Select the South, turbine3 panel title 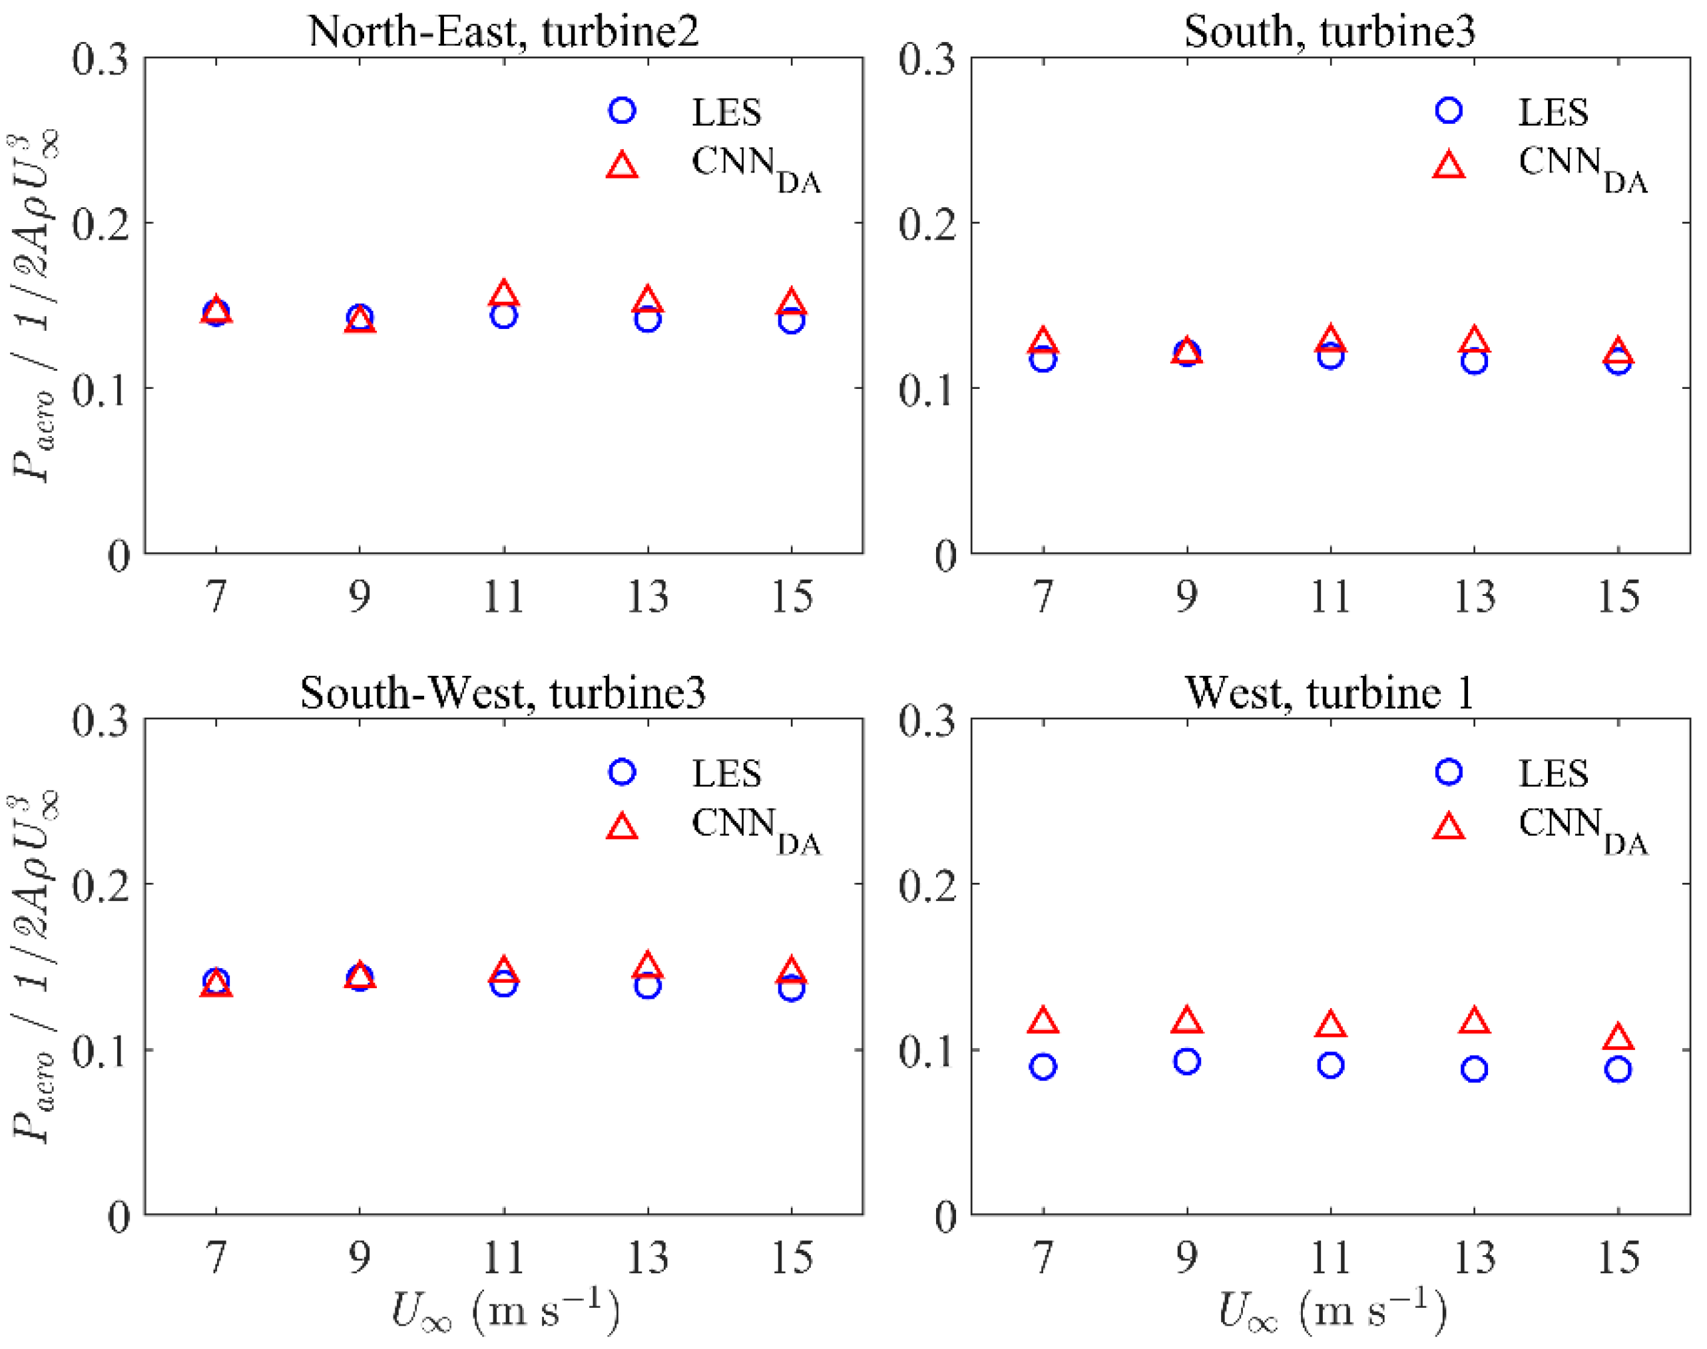(1329, 31)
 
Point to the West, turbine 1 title (1329, 692)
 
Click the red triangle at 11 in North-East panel (504, 294)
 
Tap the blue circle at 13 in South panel (1474, 362)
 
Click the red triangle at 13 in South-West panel (647, 966)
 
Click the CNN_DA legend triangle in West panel (1449, 827)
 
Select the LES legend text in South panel (1553, 112)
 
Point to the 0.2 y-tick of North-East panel (101, 224)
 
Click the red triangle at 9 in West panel (1186, 1021)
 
